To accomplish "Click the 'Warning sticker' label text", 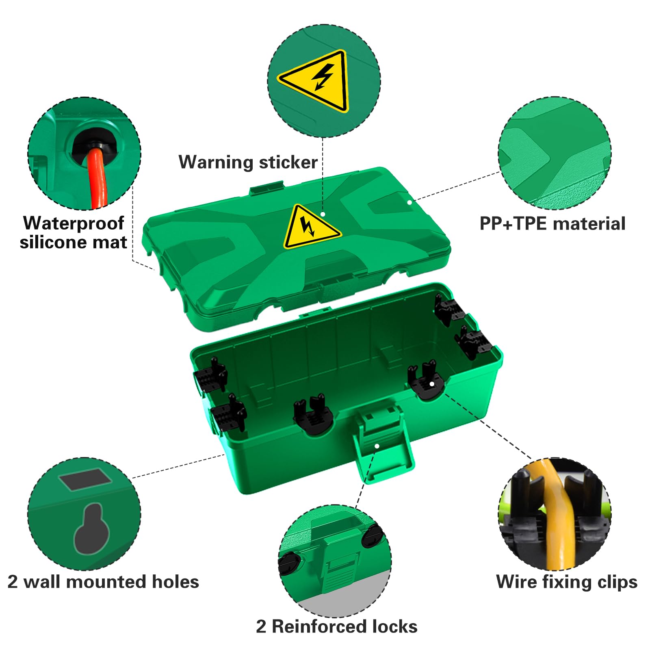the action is coord(248,162).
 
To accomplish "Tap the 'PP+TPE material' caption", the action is coord(552,224).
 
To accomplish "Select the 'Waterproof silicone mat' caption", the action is coord(74,233).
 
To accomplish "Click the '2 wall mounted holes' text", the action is coord(103,582).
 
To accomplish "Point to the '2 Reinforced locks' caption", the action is coord(337,626).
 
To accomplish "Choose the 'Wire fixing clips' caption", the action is coord(567,582).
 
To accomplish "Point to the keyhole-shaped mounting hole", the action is coord(92,529).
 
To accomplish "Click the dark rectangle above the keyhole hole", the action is coord(85,480).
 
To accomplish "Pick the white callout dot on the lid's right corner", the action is coord(409,202).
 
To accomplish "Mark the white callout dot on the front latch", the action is coord(377,446).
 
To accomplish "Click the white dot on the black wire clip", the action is coord(432,384).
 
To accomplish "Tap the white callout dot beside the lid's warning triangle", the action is coord(323,214).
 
